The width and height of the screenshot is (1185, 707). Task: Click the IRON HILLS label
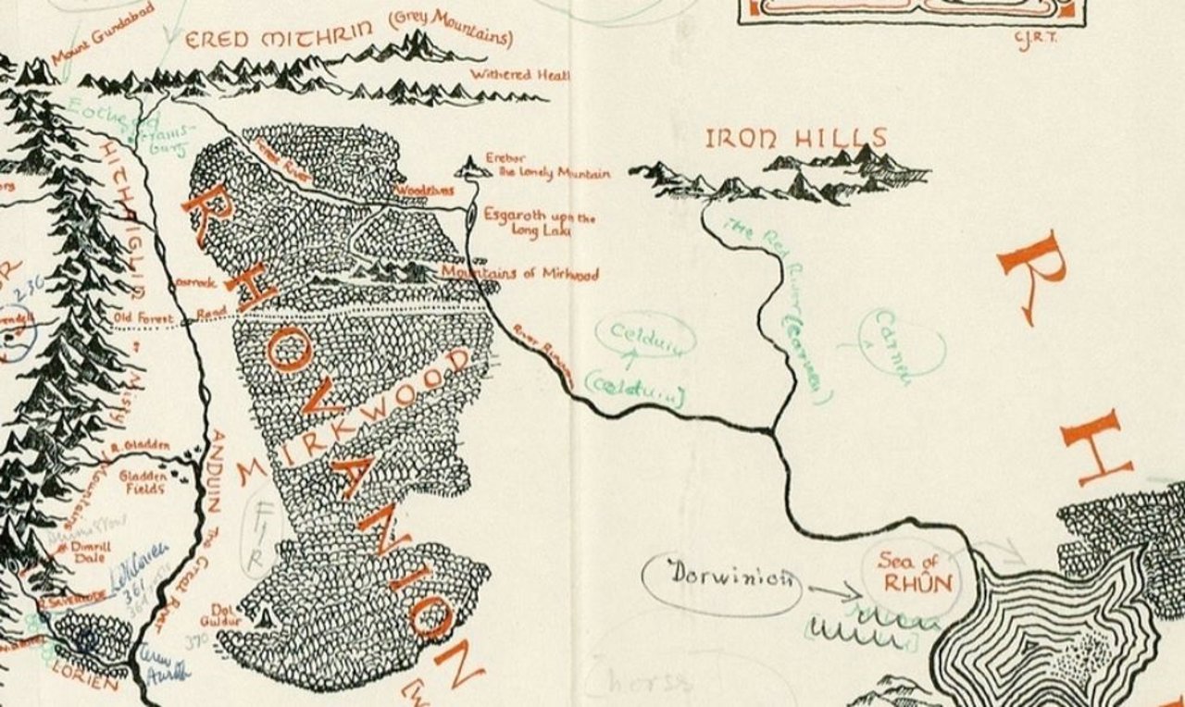click(796, 139)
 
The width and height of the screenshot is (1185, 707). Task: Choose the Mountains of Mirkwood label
click(519, 274)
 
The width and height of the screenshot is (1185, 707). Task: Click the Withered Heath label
click(519, 75)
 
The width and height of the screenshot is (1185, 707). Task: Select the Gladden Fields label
click(143, 482)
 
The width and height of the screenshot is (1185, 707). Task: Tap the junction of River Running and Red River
click(772, 430)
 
